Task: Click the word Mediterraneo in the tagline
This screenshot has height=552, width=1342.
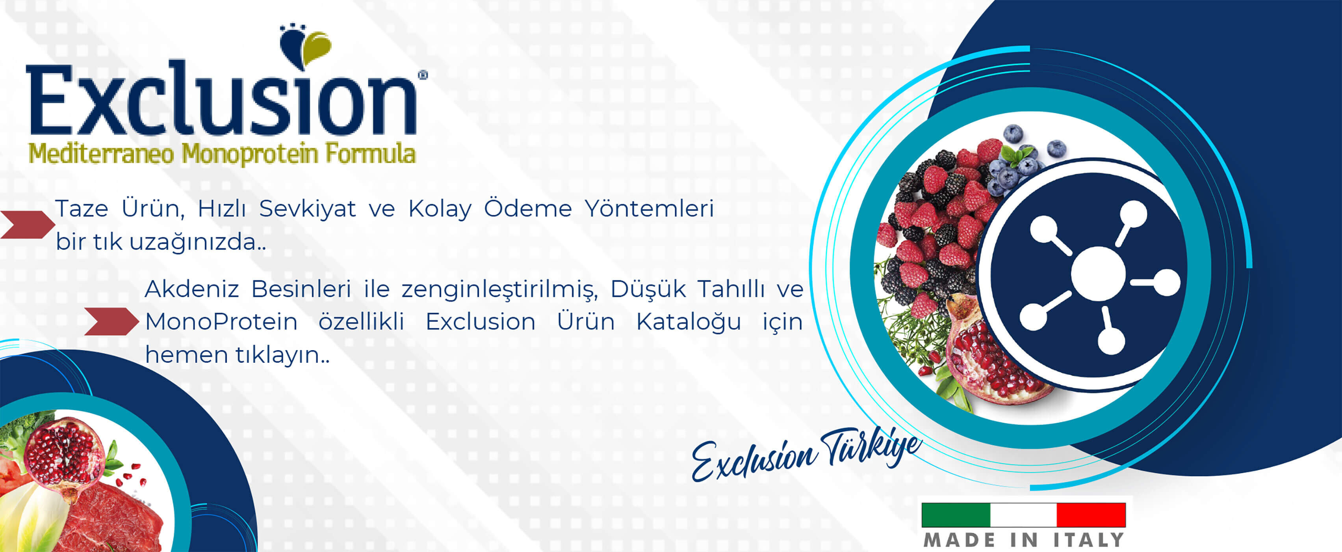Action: pos(100,154)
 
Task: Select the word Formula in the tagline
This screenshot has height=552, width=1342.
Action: pos(370,154)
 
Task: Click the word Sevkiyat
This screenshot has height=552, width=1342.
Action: pos(307,209)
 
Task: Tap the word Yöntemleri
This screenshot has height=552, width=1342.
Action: pos(649,209)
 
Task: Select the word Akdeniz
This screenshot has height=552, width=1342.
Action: pos(191,289)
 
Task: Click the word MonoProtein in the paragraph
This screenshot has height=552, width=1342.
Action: pos(221,322)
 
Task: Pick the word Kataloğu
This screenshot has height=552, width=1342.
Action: pos(688,322)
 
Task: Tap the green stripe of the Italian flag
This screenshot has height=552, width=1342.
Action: pos(956,515)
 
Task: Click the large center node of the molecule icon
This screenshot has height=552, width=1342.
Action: pos(1098,274)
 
